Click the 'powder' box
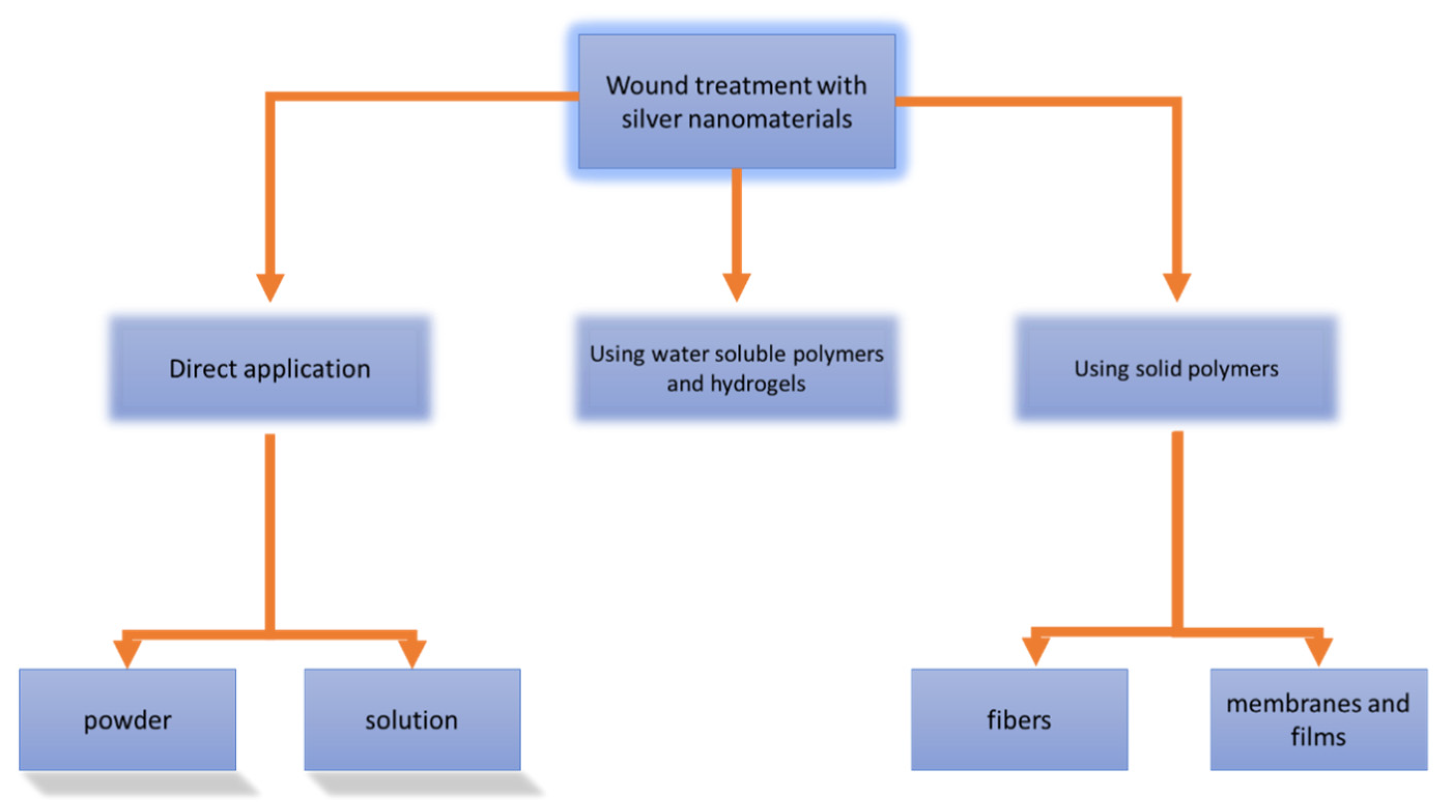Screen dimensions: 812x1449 point(127,720)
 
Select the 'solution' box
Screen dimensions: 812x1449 point(412,720)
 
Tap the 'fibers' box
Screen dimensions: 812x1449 point(1018,720)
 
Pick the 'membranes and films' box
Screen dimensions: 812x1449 point(1318,720)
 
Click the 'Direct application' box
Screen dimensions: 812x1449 point(270,369)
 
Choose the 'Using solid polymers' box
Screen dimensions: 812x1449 point(1176,369)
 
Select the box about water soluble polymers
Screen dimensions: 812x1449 point(736,369)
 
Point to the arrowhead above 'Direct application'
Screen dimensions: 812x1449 point(270,287)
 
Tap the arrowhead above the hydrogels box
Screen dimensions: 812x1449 point(736,287)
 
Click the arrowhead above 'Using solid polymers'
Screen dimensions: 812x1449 point(1176,287)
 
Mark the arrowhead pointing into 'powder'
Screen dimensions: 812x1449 point(127,654)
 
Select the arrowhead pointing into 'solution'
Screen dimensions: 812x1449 point(412,654)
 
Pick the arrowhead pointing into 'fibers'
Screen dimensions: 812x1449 point(1036,651)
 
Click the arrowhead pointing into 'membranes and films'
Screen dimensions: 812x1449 point(1318,651)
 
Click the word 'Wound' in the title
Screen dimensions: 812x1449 point(647,85)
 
